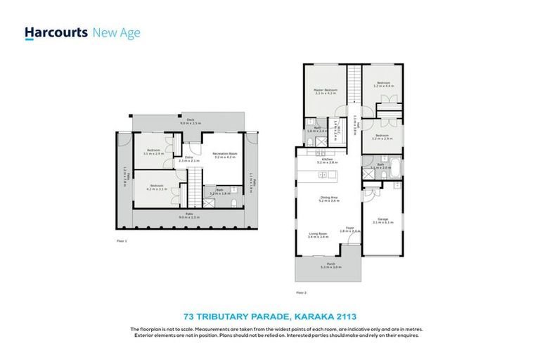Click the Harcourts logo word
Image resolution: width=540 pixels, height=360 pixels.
(x=56, y=32)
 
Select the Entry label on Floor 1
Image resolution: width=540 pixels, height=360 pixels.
(x=188, y=159)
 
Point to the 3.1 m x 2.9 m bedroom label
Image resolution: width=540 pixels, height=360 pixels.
(x=154, y=151)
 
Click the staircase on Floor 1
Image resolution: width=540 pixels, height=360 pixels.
(x=189, y=191)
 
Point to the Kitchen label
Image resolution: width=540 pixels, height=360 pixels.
(x=327, y=161)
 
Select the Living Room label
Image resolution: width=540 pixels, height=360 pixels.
(x=318, y=236)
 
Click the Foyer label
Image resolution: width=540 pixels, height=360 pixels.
(x=349, y=229)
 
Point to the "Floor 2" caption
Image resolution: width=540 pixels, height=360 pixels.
(x=302, y=291)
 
